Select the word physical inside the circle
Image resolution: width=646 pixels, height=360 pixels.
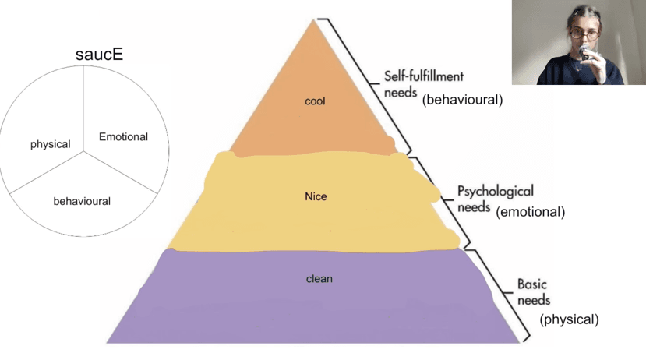(x=50, y=144)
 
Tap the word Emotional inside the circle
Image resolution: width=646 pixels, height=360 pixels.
(x=123, y=137)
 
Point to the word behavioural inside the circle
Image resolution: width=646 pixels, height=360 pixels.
(x=82, y=201)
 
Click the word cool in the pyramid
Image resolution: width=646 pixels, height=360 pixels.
(x=316, y=101)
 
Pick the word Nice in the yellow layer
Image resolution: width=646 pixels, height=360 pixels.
(x=316, y=196)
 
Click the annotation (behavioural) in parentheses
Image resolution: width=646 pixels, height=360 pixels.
(x=462, y=100)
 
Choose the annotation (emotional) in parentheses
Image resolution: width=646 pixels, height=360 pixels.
(x=530, y=211)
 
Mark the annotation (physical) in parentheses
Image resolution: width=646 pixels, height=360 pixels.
(x=569, y=319)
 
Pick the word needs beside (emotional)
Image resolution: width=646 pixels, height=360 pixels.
(x=474, y=208)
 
